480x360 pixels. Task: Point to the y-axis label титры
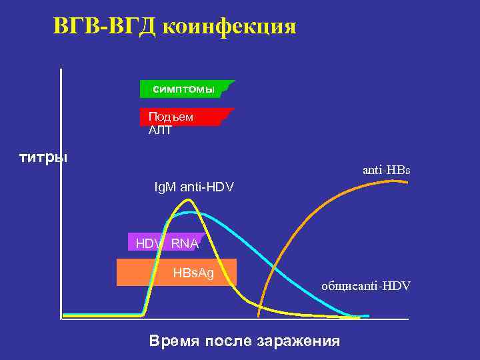(43, 158)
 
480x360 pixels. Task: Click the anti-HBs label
(386, 171)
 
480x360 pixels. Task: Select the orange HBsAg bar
(177, 272)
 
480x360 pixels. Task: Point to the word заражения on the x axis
(300, 341)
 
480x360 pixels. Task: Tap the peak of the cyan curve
(193, 213)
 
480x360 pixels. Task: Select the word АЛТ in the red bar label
(160, 130)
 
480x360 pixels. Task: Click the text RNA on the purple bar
(185, 244)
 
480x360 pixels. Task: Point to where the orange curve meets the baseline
(259, 315)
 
